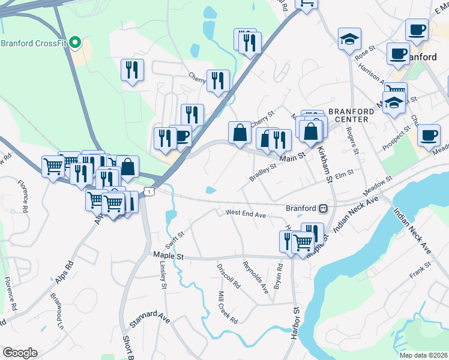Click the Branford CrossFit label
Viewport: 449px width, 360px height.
33,43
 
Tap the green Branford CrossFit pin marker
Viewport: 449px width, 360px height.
75,43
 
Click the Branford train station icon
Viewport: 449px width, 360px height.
323,208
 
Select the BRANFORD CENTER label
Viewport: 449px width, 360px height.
348,115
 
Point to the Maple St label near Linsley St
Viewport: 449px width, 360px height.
167,254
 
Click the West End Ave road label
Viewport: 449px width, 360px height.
245,213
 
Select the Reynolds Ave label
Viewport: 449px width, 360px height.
256,277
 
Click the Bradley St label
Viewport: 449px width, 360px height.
262,173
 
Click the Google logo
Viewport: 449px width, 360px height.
20,352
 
